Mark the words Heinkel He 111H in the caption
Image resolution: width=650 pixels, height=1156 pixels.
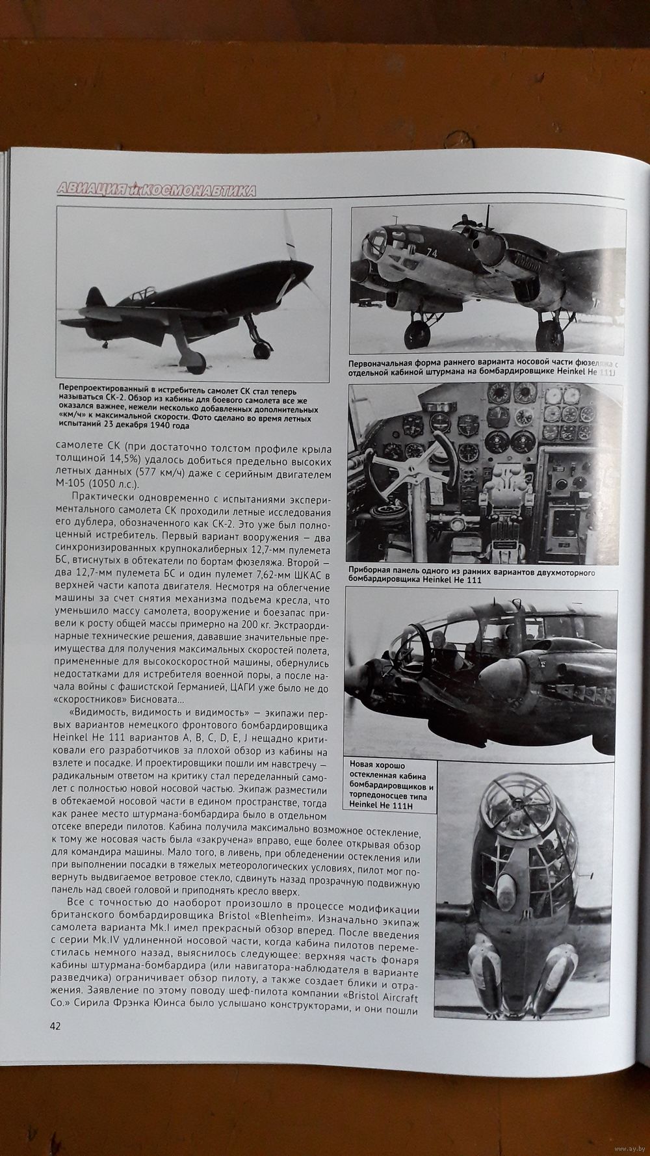381,806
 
